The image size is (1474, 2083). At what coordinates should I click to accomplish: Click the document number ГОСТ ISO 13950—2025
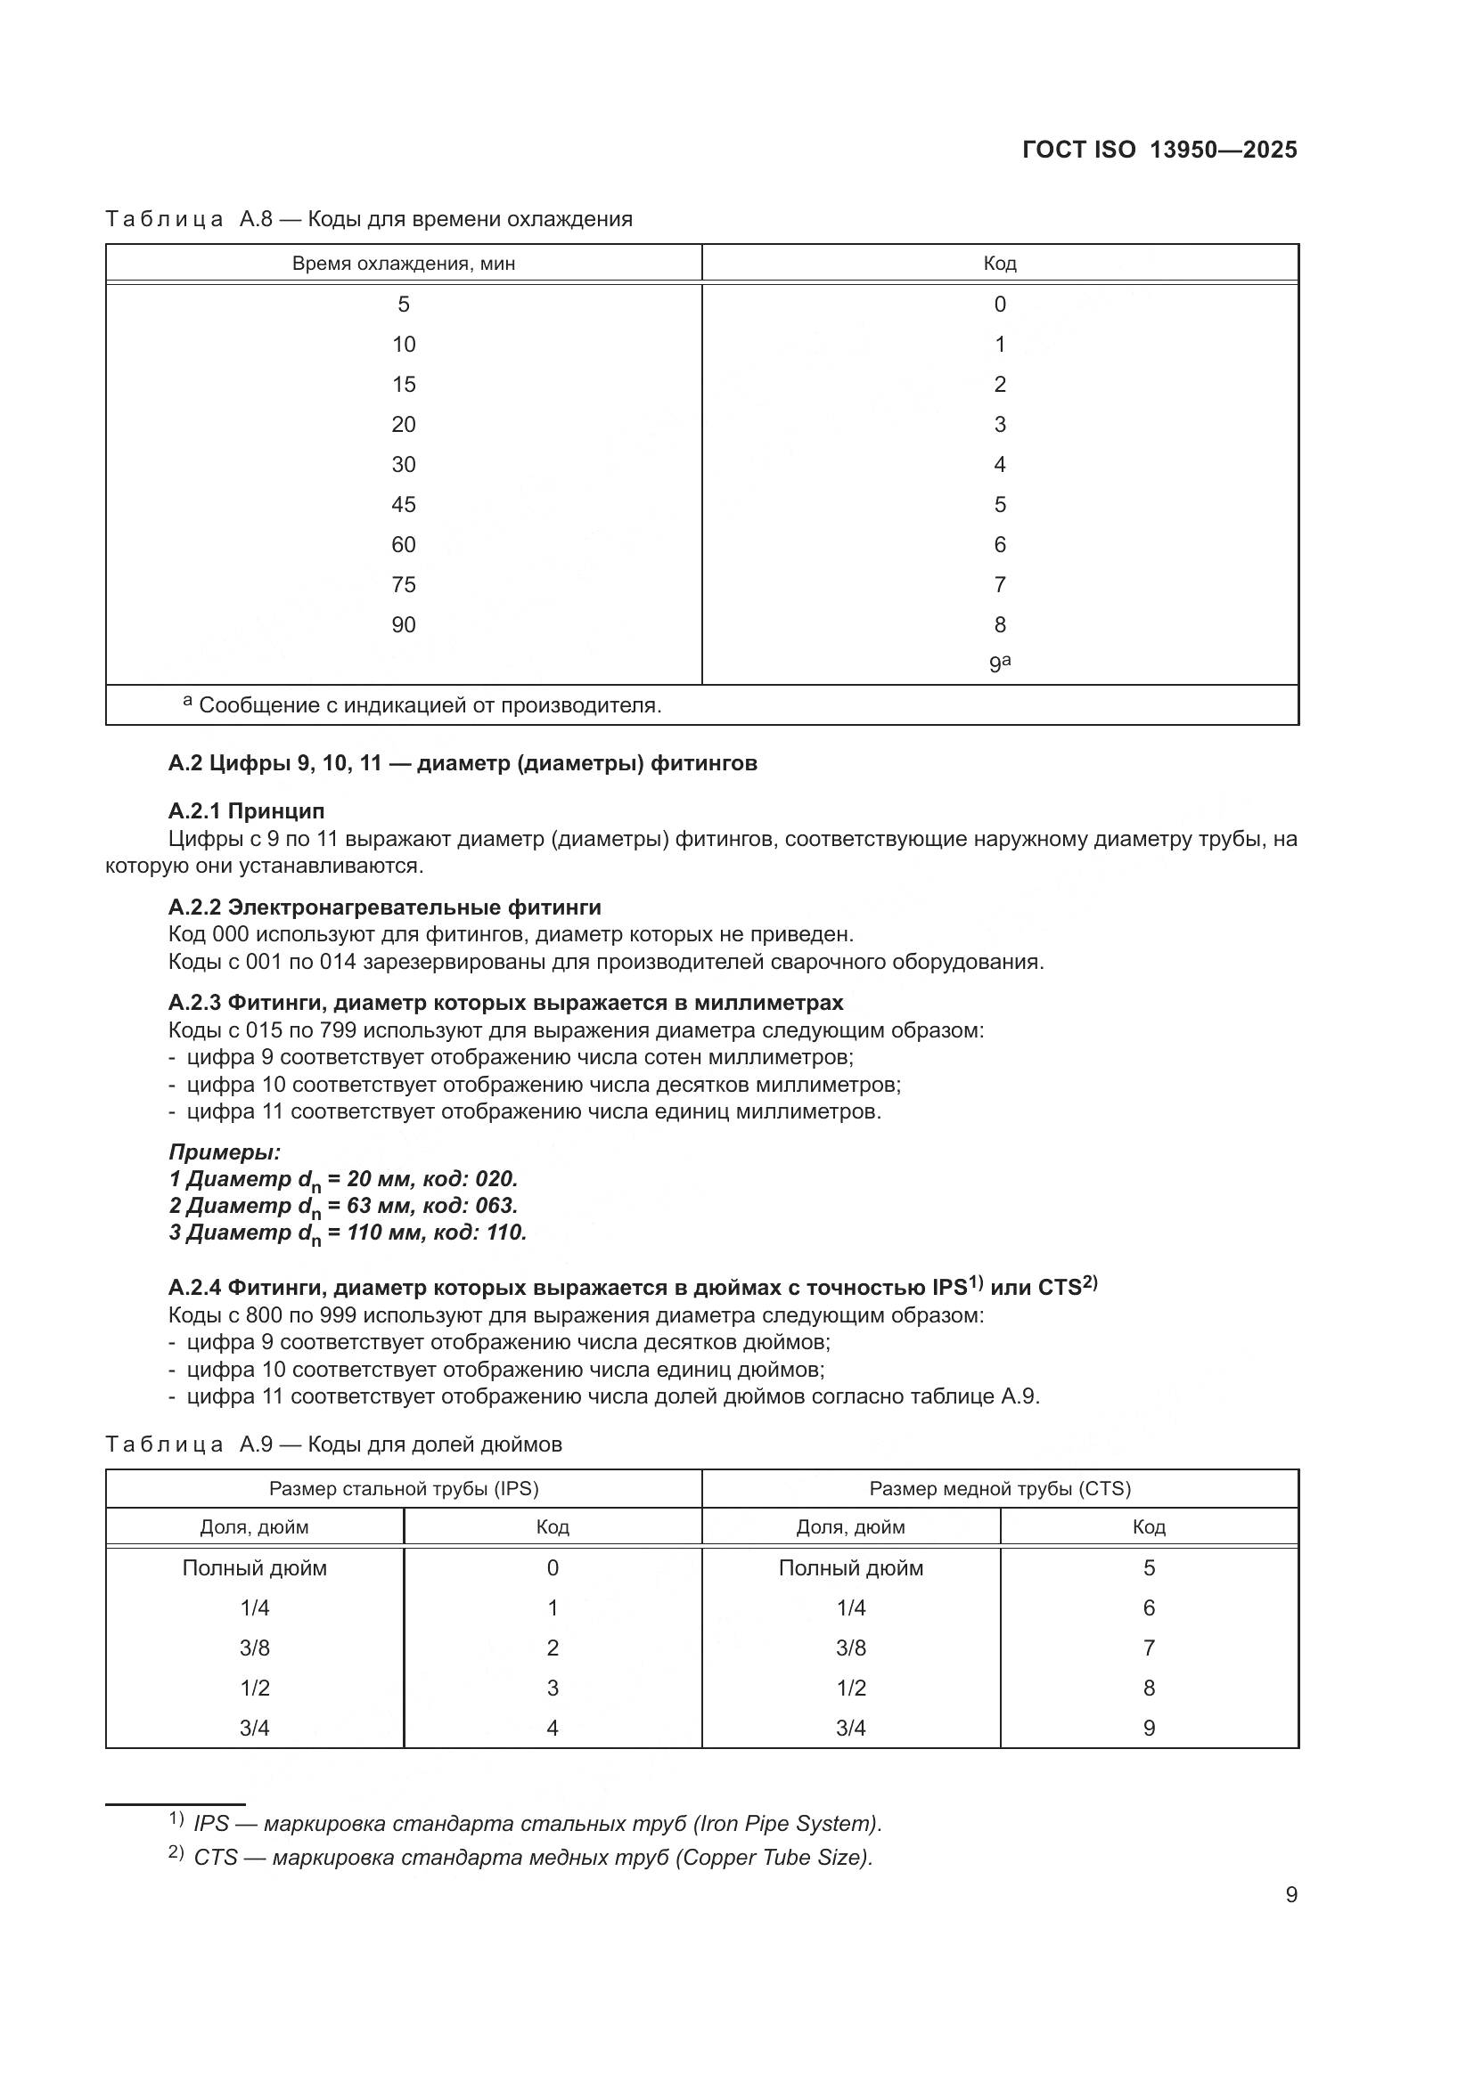point(1159,150)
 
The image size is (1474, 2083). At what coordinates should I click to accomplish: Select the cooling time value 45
point(403,504)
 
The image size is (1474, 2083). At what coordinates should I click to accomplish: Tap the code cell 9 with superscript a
point(999,663)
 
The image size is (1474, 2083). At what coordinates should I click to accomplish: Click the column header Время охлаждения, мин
point(403,264)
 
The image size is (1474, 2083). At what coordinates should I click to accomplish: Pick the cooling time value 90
point(403,624)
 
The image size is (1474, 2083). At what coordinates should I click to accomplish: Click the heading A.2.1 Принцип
point(246,810)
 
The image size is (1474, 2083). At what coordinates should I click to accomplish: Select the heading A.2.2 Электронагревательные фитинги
point(384,907)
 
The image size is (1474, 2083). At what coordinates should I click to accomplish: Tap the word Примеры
point(225,1152)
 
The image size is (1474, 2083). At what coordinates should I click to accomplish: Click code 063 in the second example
point(495,1206)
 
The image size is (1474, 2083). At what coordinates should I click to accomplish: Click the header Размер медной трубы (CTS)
point(999,1488)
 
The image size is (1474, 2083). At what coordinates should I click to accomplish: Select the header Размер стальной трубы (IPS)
point(403,1488)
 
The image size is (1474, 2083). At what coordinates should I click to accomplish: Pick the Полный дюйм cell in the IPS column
point(254,1567)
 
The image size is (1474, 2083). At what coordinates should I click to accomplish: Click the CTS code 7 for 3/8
point(1148,1648)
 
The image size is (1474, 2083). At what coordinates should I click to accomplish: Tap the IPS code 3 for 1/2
point(552,1688)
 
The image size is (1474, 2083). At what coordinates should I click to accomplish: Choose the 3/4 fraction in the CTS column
point(850,1728)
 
